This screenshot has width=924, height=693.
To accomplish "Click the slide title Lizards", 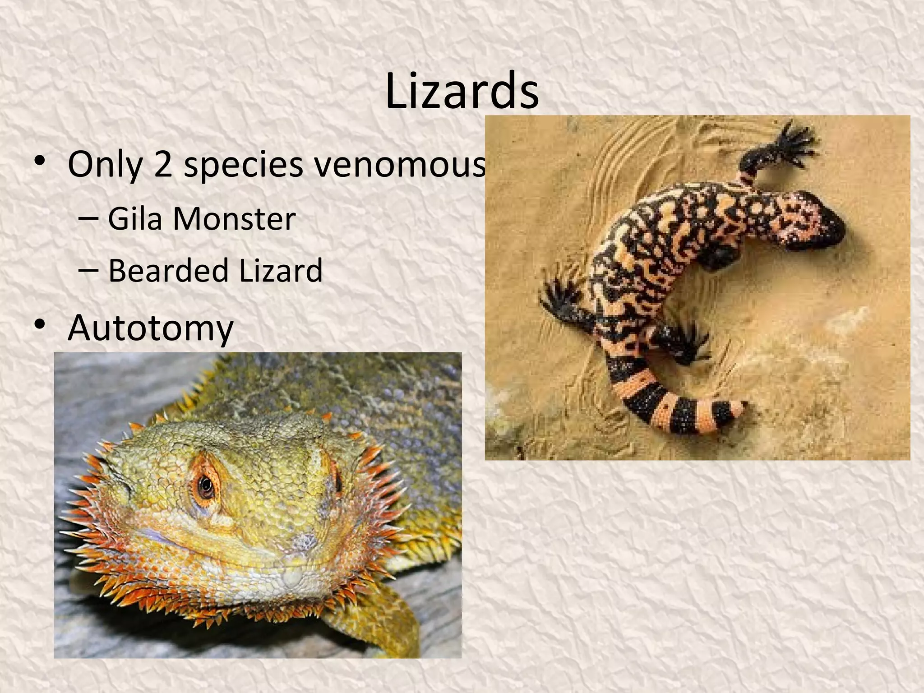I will click(x=462, y=92).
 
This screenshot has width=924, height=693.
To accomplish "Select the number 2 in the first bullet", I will click(x=163, y=164).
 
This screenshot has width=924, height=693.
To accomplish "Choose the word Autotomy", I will click(x=151, y=328).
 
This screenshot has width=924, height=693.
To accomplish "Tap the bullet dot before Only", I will click(x=40, y=160).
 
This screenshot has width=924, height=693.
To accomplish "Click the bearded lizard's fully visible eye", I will click(x=206, y=485).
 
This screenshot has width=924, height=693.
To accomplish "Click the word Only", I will click(x=105, y=164).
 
